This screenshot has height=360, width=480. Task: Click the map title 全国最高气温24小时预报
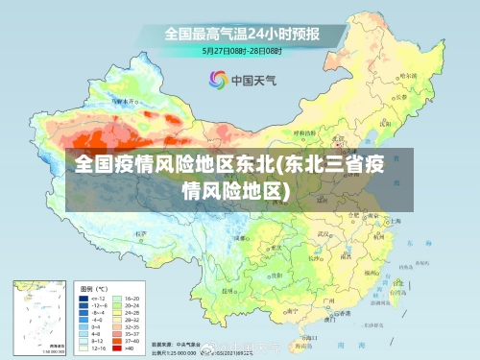click(242, 33)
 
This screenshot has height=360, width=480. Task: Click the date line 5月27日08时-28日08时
click(241, 49)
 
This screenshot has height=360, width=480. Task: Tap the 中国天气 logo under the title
click(240, 81)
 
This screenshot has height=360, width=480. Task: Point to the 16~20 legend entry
click(132, 299)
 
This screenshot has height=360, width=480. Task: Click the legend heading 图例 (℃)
click(94, 288)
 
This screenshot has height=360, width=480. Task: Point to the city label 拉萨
click(142, 233)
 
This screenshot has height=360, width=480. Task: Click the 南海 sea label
click(361, 343)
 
